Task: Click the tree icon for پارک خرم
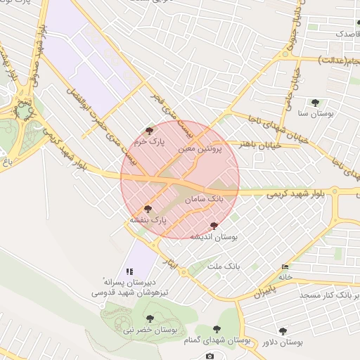click(148, 130)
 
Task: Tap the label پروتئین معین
click(200, 149)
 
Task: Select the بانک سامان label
click(204, 200)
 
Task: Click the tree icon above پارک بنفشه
click(148, 209)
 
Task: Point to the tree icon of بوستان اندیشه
click(214, 226)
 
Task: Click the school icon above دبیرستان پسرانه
click(129, 271)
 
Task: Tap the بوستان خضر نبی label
click(149, 329)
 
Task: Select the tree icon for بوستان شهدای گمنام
click(217, 328)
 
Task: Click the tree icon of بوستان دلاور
click(283, 330)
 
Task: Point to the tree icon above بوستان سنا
click(314, 103)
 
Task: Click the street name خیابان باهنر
click(261, 144)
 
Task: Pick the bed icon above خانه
click(285, 266)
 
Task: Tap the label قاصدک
click(345, 33)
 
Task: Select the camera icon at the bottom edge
click(210, 356)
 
